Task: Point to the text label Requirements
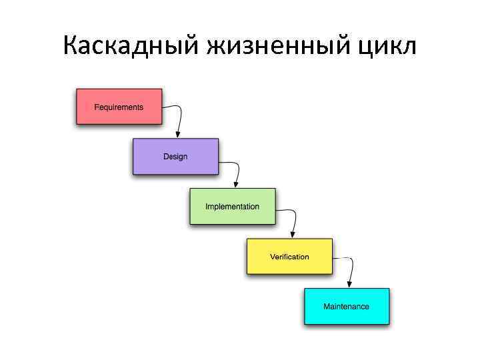(x=119, y=107)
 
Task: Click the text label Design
(x=175, y=157)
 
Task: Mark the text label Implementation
(x=232, y=207)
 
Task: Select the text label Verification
(x=289, y=257)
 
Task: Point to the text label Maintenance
(x=346, y=307)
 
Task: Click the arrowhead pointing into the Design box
(x=178, y=135)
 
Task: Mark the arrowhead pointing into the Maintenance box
(x=349, y=285)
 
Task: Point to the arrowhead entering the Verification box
(x=292, y=235)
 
